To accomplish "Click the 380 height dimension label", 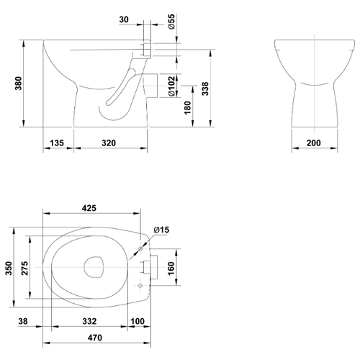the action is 19,84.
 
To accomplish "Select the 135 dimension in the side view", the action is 57,143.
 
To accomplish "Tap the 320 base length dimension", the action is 109,143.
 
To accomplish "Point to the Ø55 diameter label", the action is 171,22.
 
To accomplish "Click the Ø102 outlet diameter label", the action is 171,86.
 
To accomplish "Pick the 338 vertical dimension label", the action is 205,89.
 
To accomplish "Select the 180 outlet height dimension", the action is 187,108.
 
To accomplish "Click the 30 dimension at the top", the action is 124,19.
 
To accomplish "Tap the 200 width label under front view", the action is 314,143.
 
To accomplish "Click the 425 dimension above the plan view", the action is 89,208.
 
